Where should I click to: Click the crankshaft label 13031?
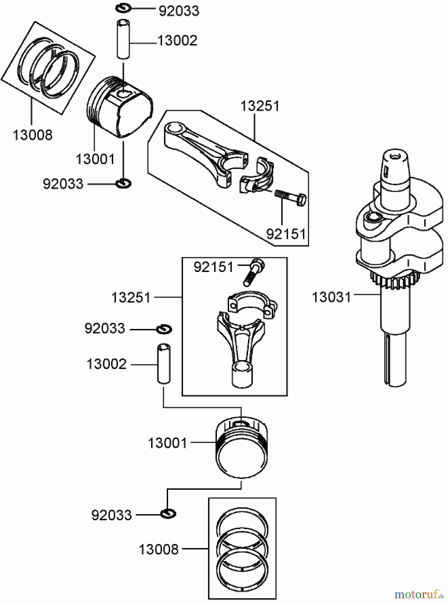pyautogui.click(x=331, y=297)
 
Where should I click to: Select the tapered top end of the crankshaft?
pyautogui.click(x=395, y=167)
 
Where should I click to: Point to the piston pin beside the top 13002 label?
pyautogui.click(x=124, y=40)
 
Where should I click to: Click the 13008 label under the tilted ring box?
pyautogui.click(x=32, y=135)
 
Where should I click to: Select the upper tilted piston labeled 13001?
pyautogui.click(x=121, y=107)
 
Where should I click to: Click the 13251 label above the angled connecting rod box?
pyautogui.click(x=260, y=106)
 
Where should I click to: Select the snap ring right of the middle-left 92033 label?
pyautogui.click(x=164, y=329)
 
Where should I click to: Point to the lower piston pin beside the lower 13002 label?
pyautogui.click(x=163, y=364)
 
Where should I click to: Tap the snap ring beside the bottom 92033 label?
pyautogui.click(x=168, y=514)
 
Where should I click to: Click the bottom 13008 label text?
pyautogui.click(x=159, y=549)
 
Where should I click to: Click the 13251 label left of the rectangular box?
pyautogui.click(x=131, y=297)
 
